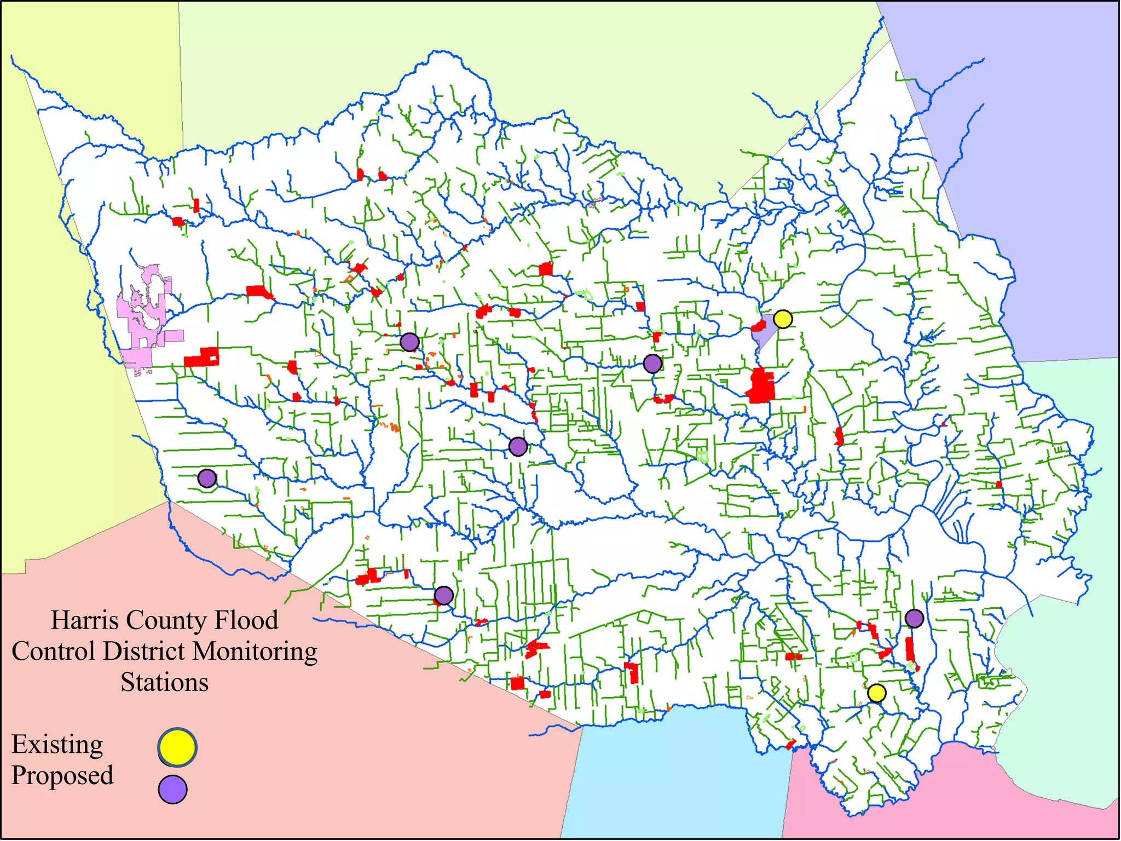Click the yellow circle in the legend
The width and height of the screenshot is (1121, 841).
click(x=177, y=747)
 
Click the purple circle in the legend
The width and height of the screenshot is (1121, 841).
click(x=173, y=789)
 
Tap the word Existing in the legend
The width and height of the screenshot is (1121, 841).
click(x=57, y=745)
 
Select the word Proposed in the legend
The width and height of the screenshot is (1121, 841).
click(x=62, y=776)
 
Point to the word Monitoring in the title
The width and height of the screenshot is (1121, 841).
click(x=256, y=652)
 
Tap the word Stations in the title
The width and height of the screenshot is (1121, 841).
click(x=164, y=683)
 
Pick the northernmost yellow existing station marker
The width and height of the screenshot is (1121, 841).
click(x=783, y=319)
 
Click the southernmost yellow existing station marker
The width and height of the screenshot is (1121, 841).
click(x=876, y=693)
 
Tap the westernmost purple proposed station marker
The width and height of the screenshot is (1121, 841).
click(x=207, y=479)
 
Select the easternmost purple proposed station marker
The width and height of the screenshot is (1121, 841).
click(x=914, y=618)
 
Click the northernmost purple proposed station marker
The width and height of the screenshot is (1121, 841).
click(x=409, y=342)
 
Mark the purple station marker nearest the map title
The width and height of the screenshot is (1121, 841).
click(x=443, y=595)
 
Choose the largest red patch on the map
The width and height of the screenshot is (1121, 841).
click(x=760, y=385)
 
